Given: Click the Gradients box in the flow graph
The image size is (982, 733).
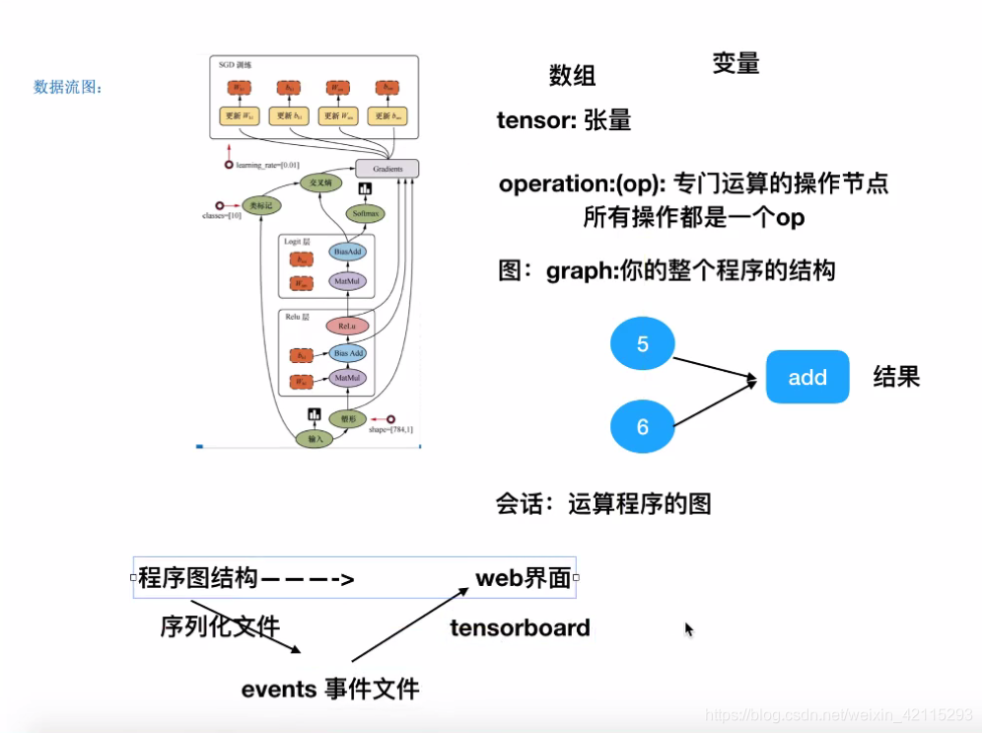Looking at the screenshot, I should pyautogui.click(x=386, y=168).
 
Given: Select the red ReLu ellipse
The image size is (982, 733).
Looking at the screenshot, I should pyautogui.click(x=346, y=326).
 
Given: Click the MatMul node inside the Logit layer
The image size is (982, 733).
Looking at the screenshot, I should pyautogui.click(x=347, y=281).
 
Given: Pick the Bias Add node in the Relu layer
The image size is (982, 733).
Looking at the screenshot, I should pyautogui.click(x=347, y=352).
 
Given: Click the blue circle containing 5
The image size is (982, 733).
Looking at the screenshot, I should pyautogui.click(x=643, y=344).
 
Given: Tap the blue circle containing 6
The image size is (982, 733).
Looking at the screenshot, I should pyautogui.click(x=643, y=426).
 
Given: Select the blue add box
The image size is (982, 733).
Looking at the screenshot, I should pyautogui.click(x=807, y=377).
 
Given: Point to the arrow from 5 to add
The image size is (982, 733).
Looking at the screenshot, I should pyautogui.click(x=720, y=363).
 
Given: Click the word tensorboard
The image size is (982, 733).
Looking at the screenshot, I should pyautogui.click(x=520, y=628).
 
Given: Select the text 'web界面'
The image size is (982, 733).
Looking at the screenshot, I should pyautogui.click(x=524, y=578).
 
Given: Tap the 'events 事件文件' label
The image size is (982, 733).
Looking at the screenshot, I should pyautogui.click(x=330, y=689).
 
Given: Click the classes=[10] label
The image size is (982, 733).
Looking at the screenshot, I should pyautogui.click(x=222, y=215).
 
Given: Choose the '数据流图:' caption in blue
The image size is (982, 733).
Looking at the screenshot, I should pyautogui.click(x=68, y=88).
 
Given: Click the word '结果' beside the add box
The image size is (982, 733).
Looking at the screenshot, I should pyautogui.click(x=895, y=376).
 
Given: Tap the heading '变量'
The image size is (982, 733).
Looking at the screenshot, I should pyautogui.click(x=736, y=63).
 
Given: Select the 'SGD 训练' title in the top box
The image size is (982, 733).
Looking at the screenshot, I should pyautogui.click(x=235, y=65).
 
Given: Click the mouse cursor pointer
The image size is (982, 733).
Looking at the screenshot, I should pyautogui.click(x=689, y=629).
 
